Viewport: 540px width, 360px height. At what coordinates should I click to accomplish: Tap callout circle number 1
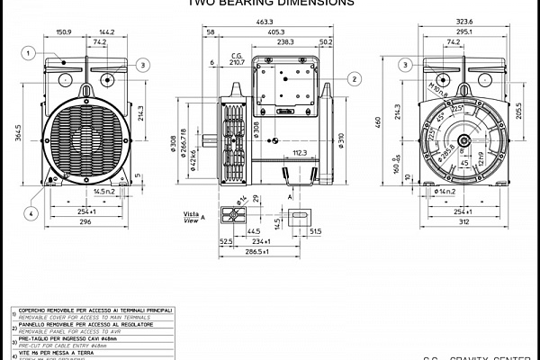29,54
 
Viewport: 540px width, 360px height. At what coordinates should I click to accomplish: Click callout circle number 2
355,79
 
